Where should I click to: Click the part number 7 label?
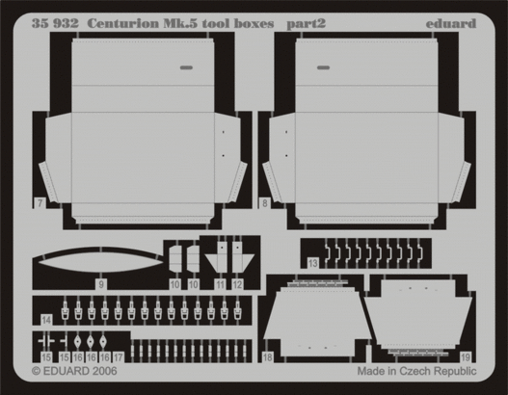pyautogui.click(x=40, y=203)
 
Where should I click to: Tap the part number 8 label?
pyautogui.click(x=265, y=203)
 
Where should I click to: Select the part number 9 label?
pyautogui.click(x=101, y=284)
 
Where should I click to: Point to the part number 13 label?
pyautogui.click(x=312, y=263)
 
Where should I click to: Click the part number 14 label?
pyautogui.click(x=46, y=320)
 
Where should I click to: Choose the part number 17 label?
pyautogui.click(x=119, y=357)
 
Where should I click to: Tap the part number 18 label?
pyautogui.click(x=267, y=357)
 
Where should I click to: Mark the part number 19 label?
pyautogui.click(x=466, y=357)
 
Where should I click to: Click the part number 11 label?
pyautogui.click(x=221, y=284)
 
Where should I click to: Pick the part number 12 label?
pyautogui.click(x=237, y=284)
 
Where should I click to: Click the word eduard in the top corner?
pyautogui.click(x=451, y=24)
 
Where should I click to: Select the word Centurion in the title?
pyautogui.click(x=123, y=24)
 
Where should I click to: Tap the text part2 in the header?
pyautogui.click(x=306, y=24)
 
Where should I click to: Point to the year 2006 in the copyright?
pyautogui.click(x=103, y=371)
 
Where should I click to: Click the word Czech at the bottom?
pyautogui.click(x=416, y=371)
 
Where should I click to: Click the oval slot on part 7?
pyautogui.click(x=186, y=67)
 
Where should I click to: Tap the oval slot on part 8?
pyautogui.click(x=323, y=67)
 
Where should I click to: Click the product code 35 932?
pyautogui.click(x=55, y=24)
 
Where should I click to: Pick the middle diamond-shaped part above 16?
pyautogui.click(x=91, y=341)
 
